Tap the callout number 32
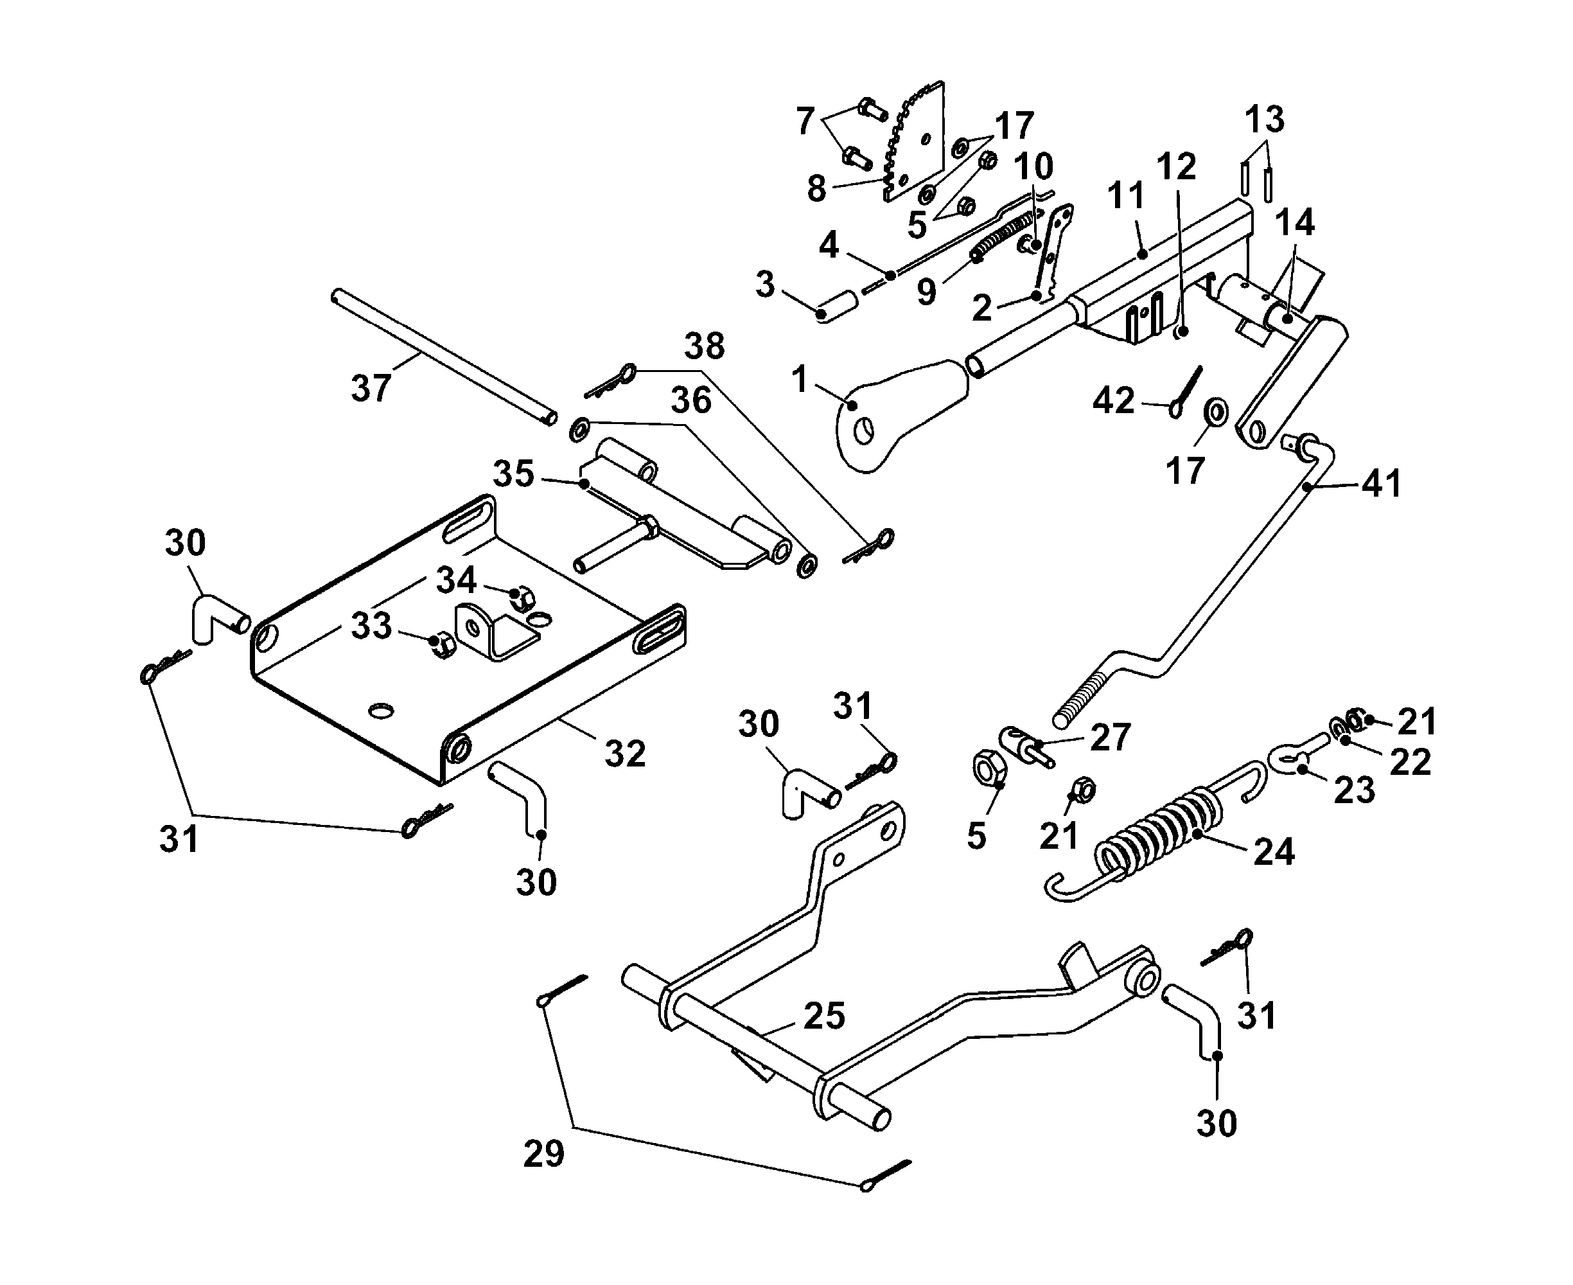point(625,754)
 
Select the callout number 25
point(824,1016)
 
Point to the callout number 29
point(544,1153)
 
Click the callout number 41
point(1382,483)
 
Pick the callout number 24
point(1274,851)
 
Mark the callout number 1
point(799,379)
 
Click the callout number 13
point(1265,118)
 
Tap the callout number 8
point(816,188)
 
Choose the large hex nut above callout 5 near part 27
point(988,768)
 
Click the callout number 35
point(513,473)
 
